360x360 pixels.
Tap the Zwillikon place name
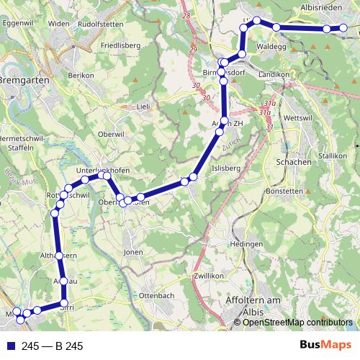pyautogui.click(x=210, y=276)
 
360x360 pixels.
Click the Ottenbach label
pyautogui.click(x=156, y=296)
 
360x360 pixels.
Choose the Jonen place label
pyautogui.click(x=133, y=253)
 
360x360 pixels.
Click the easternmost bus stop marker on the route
pyautogui.click(x=343, y=29)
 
